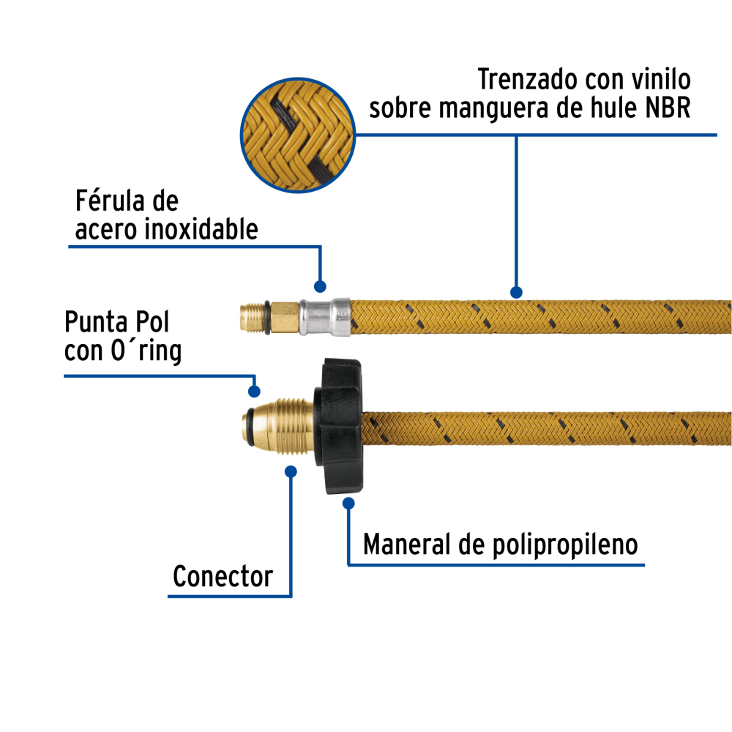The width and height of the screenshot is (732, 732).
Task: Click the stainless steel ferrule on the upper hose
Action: pos(324,316)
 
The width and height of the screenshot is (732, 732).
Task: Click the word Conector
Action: pos(223,577)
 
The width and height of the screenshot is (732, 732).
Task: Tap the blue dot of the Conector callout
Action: pos(291,472)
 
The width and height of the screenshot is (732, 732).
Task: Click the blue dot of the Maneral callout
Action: pos(348,504)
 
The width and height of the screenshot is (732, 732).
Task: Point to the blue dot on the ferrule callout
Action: pos(319,286)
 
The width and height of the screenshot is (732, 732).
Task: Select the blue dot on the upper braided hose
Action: pos(516,292)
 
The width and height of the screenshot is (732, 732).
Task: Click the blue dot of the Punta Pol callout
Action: pos(255,391)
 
